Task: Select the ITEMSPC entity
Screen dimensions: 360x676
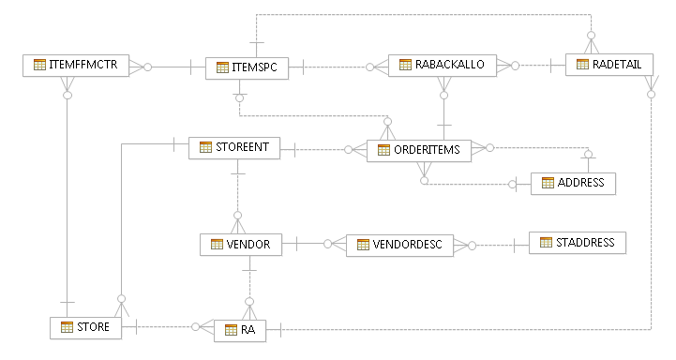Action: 245,67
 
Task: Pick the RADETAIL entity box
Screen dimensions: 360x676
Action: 608,65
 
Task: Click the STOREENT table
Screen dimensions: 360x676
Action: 234,148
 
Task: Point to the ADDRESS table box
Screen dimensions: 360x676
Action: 573,183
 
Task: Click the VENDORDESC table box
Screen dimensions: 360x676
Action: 399,246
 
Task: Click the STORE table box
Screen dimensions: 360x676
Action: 85,327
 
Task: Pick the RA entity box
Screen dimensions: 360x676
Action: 240,330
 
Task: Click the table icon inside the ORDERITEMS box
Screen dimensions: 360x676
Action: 384,150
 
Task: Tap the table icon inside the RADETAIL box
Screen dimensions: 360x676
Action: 582,65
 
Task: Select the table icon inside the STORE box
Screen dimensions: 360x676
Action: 67,327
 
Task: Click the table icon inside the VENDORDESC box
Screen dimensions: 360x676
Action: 361,246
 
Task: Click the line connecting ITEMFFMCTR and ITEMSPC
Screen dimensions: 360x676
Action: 173,67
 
